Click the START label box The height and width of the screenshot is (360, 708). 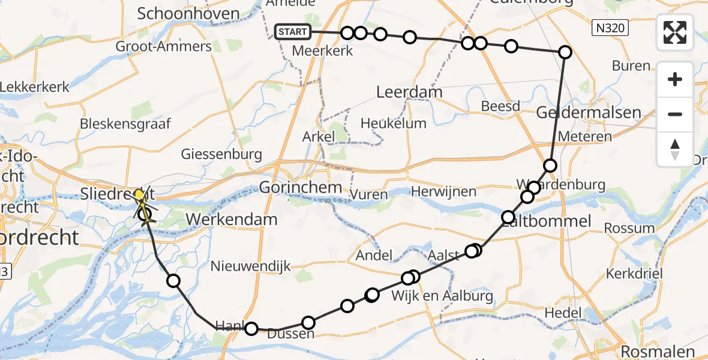(293, 32)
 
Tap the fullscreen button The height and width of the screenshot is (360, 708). (675, 32)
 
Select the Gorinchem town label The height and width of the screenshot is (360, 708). (301, 188)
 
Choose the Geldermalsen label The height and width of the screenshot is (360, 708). (589, 113)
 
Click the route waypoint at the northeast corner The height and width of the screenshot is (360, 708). (565, 52)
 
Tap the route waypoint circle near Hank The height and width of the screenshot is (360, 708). (251, 328)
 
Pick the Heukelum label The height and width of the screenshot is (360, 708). (394, 124)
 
